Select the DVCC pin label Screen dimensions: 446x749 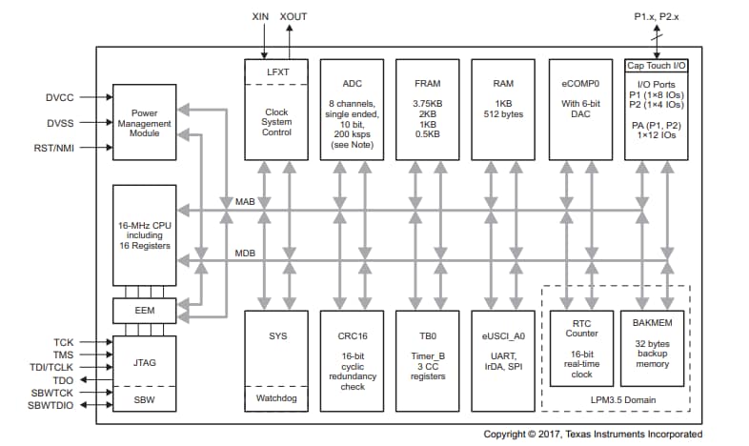(x=59, y=97)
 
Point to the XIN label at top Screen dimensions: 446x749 (x=260, y=16)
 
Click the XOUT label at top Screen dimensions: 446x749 (x=293, y=16)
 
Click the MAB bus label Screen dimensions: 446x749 (x=245, y=202)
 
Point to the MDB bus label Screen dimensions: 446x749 (x=245, y=253)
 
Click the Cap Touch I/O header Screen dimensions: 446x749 (x=656, y=66)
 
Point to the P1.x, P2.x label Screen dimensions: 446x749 (x=657, y=16)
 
